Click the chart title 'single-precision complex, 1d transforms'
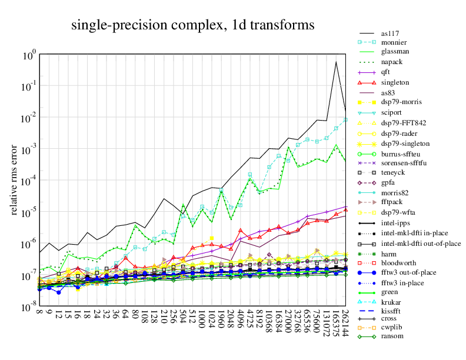point(193,25)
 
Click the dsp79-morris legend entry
point(402,103)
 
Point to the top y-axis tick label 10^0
point(30,55)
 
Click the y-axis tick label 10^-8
point(29,308)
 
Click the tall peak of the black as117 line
point(336,62)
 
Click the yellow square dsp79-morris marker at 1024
point(212,238)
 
